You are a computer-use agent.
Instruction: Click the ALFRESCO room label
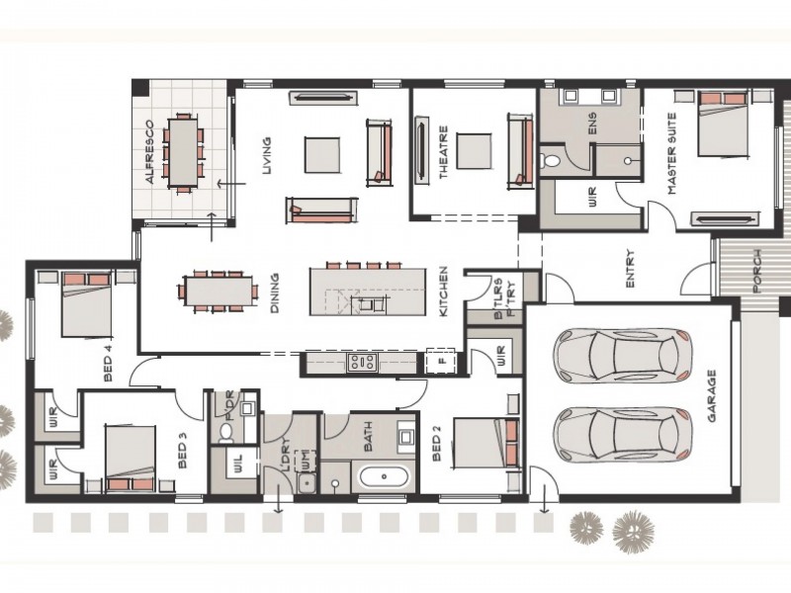[149, 152]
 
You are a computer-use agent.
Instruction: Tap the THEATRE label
[443, 152]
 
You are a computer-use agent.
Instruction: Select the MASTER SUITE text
[671, 154]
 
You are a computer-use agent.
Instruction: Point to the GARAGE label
[712, 396]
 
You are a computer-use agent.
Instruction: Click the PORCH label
[756, 271]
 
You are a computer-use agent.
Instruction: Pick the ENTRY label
[630, 269]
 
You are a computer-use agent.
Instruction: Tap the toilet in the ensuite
[551, 161]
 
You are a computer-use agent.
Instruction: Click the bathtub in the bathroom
[385, 476]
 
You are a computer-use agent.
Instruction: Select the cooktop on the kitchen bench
[362, 362]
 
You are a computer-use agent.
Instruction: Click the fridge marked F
[441, 361]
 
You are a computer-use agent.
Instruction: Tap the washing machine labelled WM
[306, 460]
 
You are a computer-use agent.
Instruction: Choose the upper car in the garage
[623, 356]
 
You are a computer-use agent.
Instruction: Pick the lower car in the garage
[623, 435]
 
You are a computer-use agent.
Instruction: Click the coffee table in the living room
[322, 155]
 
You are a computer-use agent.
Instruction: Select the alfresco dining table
[183, 152]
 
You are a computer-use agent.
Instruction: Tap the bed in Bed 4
[86, 304]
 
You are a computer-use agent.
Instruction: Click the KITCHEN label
[443, 292]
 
